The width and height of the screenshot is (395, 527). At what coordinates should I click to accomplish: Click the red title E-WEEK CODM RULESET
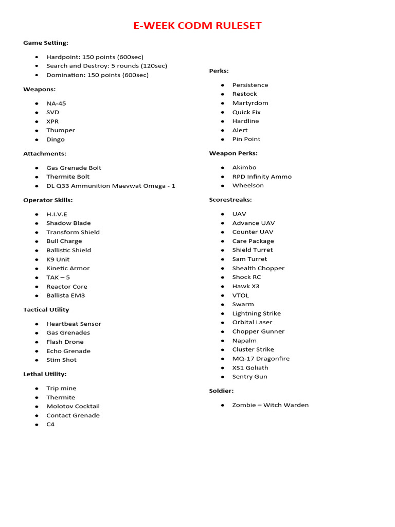(x=197, y=26)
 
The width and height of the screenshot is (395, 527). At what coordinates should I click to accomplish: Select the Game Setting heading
(x=46, y=43)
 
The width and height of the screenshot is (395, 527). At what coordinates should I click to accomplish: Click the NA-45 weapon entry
(x=56, y=103)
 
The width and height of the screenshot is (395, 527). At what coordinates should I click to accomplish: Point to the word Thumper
(x=61, y=130)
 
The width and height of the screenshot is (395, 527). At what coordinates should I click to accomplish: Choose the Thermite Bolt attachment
(x=68, y=177)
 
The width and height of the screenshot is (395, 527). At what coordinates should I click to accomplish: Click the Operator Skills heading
(x=48, y=200)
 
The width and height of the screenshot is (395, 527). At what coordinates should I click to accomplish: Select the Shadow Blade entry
(x=68, y=223)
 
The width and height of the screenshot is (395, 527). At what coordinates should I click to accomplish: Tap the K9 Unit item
(x=58, y=259)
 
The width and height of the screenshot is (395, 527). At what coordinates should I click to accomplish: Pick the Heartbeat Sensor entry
(x=74, y=324)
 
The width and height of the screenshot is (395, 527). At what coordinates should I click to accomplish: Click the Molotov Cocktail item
(x=73, y=406)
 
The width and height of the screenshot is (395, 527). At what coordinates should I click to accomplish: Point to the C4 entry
(x=50, y=424)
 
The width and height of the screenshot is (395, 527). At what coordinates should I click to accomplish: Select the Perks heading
(x=219, y=71)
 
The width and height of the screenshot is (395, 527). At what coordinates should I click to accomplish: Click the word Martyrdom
(x=250, y=103)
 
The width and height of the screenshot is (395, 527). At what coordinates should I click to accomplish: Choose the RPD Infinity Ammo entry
(x=262, y=177)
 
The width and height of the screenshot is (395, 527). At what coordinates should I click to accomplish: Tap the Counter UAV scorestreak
(x=253, y=232)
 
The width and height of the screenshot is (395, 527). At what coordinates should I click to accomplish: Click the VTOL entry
(x=240, y=295)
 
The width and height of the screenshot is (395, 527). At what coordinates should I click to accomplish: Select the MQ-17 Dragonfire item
(x=261, y=359)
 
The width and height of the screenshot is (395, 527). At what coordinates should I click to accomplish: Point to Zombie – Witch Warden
(x=270, y=405)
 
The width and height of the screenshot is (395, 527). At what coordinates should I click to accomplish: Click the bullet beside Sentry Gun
(x=223, y=377)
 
